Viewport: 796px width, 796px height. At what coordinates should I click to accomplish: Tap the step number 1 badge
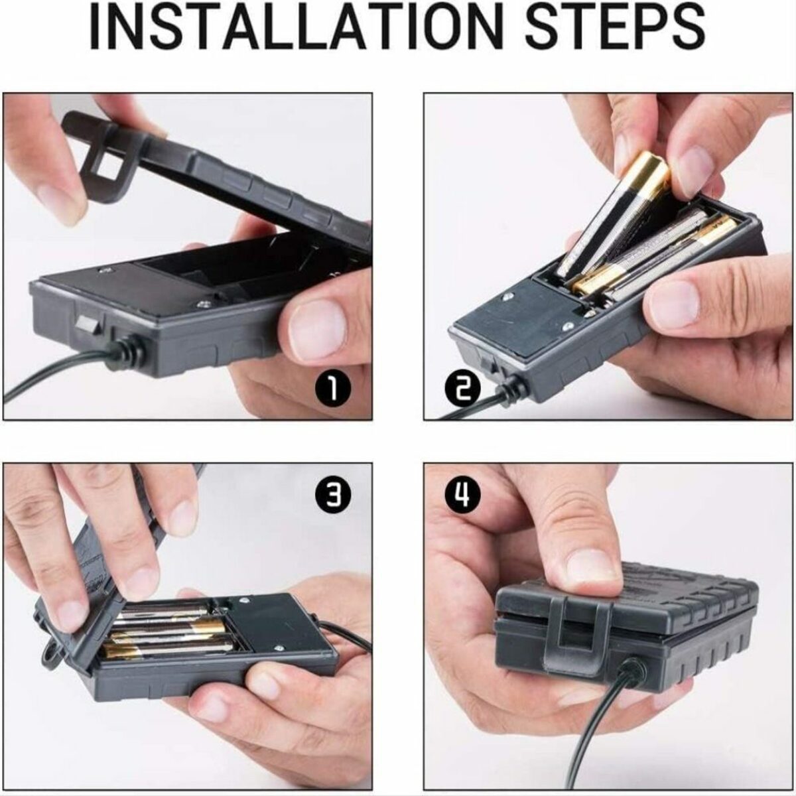pos(333,388)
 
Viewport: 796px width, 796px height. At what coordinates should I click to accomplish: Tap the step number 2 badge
pos(462,389)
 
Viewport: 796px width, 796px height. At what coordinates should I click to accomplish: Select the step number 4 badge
pos(463,494)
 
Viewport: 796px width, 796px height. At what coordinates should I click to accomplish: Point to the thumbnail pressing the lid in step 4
pos(595,572)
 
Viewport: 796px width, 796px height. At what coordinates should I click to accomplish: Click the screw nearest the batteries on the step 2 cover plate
pos(508,296)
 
